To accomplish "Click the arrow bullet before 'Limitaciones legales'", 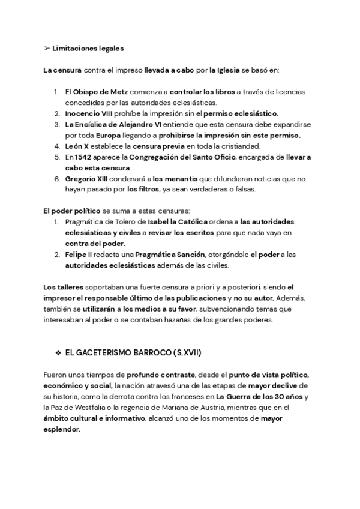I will click(47, 48).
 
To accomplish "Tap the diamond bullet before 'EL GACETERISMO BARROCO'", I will click(58, 350).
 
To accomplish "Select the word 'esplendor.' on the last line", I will click(61, 430).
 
